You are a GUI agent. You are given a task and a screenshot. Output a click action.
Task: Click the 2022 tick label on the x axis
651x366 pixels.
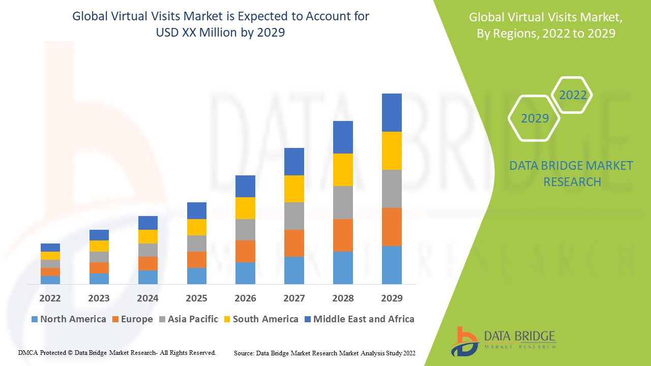(50, 298)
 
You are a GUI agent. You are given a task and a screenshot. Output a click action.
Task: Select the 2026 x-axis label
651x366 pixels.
(245, 298)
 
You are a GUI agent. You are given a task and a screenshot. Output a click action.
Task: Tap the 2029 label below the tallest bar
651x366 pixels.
(392, 298)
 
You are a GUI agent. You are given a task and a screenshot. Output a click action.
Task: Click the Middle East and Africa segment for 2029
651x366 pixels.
(392, 112)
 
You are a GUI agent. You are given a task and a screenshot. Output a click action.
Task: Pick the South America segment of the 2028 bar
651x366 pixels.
(343, 169)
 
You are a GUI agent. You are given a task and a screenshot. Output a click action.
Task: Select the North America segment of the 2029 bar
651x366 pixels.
(392, 265)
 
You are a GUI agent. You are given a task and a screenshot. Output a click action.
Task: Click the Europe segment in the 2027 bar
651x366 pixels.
(294, 243)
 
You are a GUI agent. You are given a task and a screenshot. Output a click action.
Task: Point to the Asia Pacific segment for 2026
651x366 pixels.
(245, 230)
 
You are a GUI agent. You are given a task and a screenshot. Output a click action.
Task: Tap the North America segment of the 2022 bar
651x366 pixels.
(50, 280)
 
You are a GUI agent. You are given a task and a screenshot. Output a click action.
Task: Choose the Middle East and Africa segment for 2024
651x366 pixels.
(147, 223)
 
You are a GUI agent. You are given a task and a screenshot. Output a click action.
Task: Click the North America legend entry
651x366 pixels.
(69, 319)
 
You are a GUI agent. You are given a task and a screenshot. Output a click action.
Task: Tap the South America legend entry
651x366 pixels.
(260, 319)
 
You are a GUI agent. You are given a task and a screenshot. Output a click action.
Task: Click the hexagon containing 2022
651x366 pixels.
(573, 95)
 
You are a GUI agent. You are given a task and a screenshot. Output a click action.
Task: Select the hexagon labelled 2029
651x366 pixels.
(535, 118)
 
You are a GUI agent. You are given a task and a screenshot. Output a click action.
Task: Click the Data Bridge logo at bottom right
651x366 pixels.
(504, 341)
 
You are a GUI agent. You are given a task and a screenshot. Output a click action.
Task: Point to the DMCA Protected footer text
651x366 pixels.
(117, 352)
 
